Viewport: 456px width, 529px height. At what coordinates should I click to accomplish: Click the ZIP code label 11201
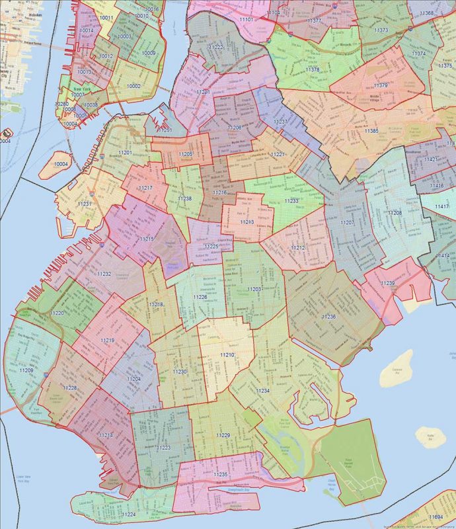[x=125, y=153]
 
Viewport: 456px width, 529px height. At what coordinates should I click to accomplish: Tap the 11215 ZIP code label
[x=147, y=239]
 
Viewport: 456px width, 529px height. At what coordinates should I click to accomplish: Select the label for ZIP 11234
[x=262, y=391]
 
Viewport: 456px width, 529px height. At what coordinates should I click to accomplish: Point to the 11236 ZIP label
[x=329, y=317]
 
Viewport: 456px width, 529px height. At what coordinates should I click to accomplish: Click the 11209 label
[x=26, y=370]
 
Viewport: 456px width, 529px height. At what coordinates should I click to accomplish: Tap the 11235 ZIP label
[x=221, y=475]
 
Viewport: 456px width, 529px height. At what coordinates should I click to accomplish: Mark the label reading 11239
[x=388, y=283]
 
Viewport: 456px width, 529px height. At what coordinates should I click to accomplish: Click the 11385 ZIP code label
[x=371, y=131]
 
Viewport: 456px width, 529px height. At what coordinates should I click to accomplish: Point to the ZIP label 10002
[x=133, y=85]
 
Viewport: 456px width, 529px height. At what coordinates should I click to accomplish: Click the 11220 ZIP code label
[x=57, y=312]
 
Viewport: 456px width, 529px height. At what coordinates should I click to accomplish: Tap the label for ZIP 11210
[x=227, y=355]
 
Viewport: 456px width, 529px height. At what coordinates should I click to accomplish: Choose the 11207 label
[x=347, y=223]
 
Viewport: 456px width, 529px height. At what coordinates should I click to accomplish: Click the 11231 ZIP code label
[x=85, y=204]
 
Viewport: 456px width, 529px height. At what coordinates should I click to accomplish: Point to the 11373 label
[x=381, y=30]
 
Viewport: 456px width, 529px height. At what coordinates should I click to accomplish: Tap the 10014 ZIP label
[x=86, y=30]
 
